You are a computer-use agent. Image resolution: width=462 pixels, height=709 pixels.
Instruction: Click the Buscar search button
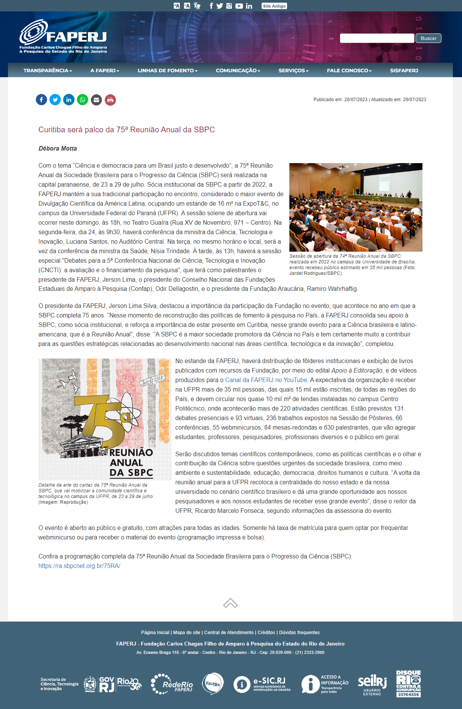click(428, 38)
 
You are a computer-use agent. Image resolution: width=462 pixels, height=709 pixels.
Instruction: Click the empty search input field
click(376, 38)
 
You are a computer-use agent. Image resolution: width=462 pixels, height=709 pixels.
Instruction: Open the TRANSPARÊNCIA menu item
click(48, 71)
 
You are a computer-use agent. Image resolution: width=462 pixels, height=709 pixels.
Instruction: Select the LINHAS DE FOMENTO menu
click(167, 71)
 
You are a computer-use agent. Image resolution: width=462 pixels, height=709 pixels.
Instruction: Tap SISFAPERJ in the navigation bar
click(404, 71)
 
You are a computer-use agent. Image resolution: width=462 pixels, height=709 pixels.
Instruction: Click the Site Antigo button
click(274, 6)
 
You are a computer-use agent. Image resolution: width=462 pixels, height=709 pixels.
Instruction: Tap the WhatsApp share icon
click(83, 100)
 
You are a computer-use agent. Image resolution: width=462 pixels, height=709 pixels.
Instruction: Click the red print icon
click(110, 100)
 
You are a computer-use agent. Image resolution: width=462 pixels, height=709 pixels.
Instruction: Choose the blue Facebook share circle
click(41, 100)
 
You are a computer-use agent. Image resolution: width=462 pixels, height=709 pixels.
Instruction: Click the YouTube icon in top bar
click(239, 6)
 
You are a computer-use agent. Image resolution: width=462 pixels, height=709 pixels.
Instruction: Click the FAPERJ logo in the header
click(63, 36)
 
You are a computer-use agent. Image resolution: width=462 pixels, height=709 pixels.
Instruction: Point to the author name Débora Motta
click(58, 149)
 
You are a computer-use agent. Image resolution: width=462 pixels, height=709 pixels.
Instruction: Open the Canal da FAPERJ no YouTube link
click(266, 380)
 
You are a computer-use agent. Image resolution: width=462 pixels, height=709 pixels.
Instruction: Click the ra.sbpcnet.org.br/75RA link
click(79, 566)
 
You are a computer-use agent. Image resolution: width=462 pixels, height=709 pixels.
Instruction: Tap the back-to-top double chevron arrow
click(230, 603)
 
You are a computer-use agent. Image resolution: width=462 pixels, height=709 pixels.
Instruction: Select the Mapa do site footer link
click(186, 633)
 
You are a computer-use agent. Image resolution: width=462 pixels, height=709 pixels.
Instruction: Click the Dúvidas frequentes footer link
click(299, 633)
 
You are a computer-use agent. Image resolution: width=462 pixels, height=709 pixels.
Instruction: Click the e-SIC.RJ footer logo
click(262, 684)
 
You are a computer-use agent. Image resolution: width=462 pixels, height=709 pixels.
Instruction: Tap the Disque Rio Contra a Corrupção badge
click(408, 684)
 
